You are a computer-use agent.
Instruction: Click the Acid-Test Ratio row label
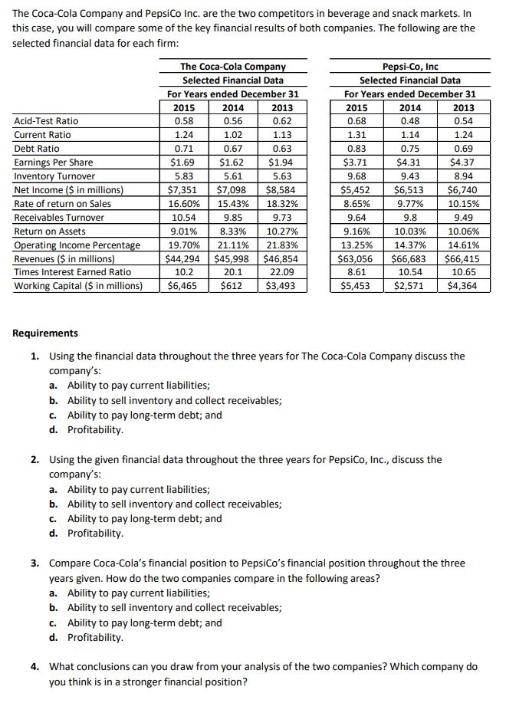pyautogui.click(x=46, y=120)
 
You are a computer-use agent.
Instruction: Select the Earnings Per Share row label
pyautogui.click(x=54, y=162)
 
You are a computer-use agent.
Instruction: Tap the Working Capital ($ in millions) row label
pyautogui.click(x=78, y=286)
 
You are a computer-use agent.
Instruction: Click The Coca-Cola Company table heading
pyautogui.click(x=232, y=67)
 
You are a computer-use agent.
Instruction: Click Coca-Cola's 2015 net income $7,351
pyautogui.click(x=184, y=189)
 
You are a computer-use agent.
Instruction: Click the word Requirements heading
pyautogui.click(x=45, y=333)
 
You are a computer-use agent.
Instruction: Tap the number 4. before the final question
pyautogui.click(x=36, y=666)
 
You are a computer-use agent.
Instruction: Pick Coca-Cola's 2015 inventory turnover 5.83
pyautogui.click(x=184, y=176)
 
